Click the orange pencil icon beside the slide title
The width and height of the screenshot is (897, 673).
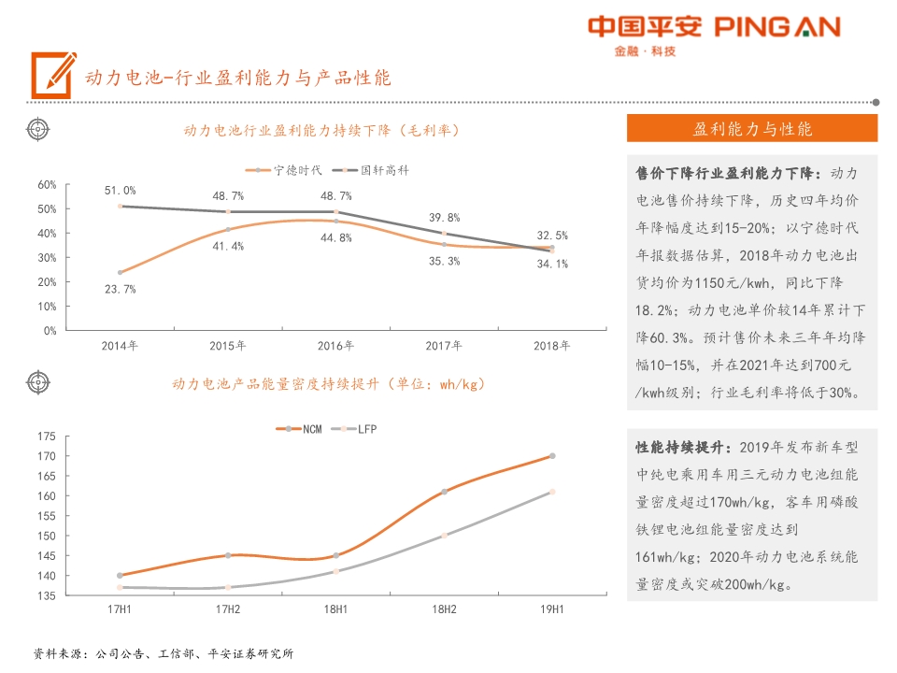click(52, 75)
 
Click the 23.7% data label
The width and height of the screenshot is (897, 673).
click(120, 289)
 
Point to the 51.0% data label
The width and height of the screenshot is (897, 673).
click(120, 191)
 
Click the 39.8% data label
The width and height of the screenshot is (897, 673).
click(444, 217)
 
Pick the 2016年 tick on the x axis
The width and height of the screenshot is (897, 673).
click(335, 346)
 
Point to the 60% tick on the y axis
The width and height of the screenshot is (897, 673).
click(47, 185)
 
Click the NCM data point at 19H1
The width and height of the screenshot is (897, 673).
click(552, 456)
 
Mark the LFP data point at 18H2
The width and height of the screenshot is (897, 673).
click(444, 536)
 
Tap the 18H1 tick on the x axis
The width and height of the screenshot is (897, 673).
click(335, 609)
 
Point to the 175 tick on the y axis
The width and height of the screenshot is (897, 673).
click(46, 437)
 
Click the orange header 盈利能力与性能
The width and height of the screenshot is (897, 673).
click(752, 128)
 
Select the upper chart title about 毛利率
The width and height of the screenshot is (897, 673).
click(321, 130)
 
